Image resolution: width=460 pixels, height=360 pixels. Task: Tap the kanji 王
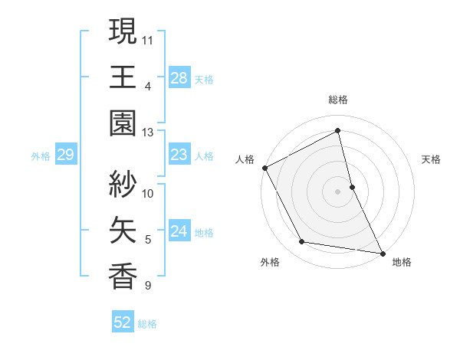click(x=123, y=77)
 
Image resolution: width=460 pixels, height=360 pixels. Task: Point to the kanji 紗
click(x=123, y=185)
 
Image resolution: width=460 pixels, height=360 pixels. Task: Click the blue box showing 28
click(x=179, y=78)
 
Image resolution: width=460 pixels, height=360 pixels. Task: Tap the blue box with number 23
click(x=179, y=155)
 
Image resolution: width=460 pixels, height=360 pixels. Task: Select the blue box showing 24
click(x=179, y=231)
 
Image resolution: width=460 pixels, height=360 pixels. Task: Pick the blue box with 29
click(x=65, y=155)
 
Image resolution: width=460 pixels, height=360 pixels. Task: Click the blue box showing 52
click(x=122, y=322)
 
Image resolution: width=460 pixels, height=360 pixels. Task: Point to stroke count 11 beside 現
click(x=148, y=39)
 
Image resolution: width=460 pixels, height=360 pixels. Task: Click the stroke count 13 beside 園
click(x=148, y=133)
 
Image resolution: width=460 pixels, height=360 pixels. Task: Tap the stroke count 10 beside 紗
click(x=148, y=193)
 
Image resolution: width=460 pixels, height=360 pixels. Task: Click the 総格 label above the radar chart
click(x=337, y=100)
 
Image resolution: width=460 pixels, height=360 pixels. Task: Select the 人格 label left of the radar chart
click(x=245, y=159)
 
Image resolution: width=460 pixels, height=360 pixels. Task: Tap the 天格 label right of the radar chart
click(x=431, y=159)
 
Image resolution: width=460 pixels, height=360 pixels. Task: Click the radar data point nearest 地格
click(x=381, y=252)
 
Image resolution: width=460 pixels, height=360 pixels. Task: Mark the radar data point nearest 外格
click(x=302, y=242)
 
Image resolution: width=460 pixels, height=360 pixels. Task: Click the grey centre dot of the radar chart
click(x=337, y=191)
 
